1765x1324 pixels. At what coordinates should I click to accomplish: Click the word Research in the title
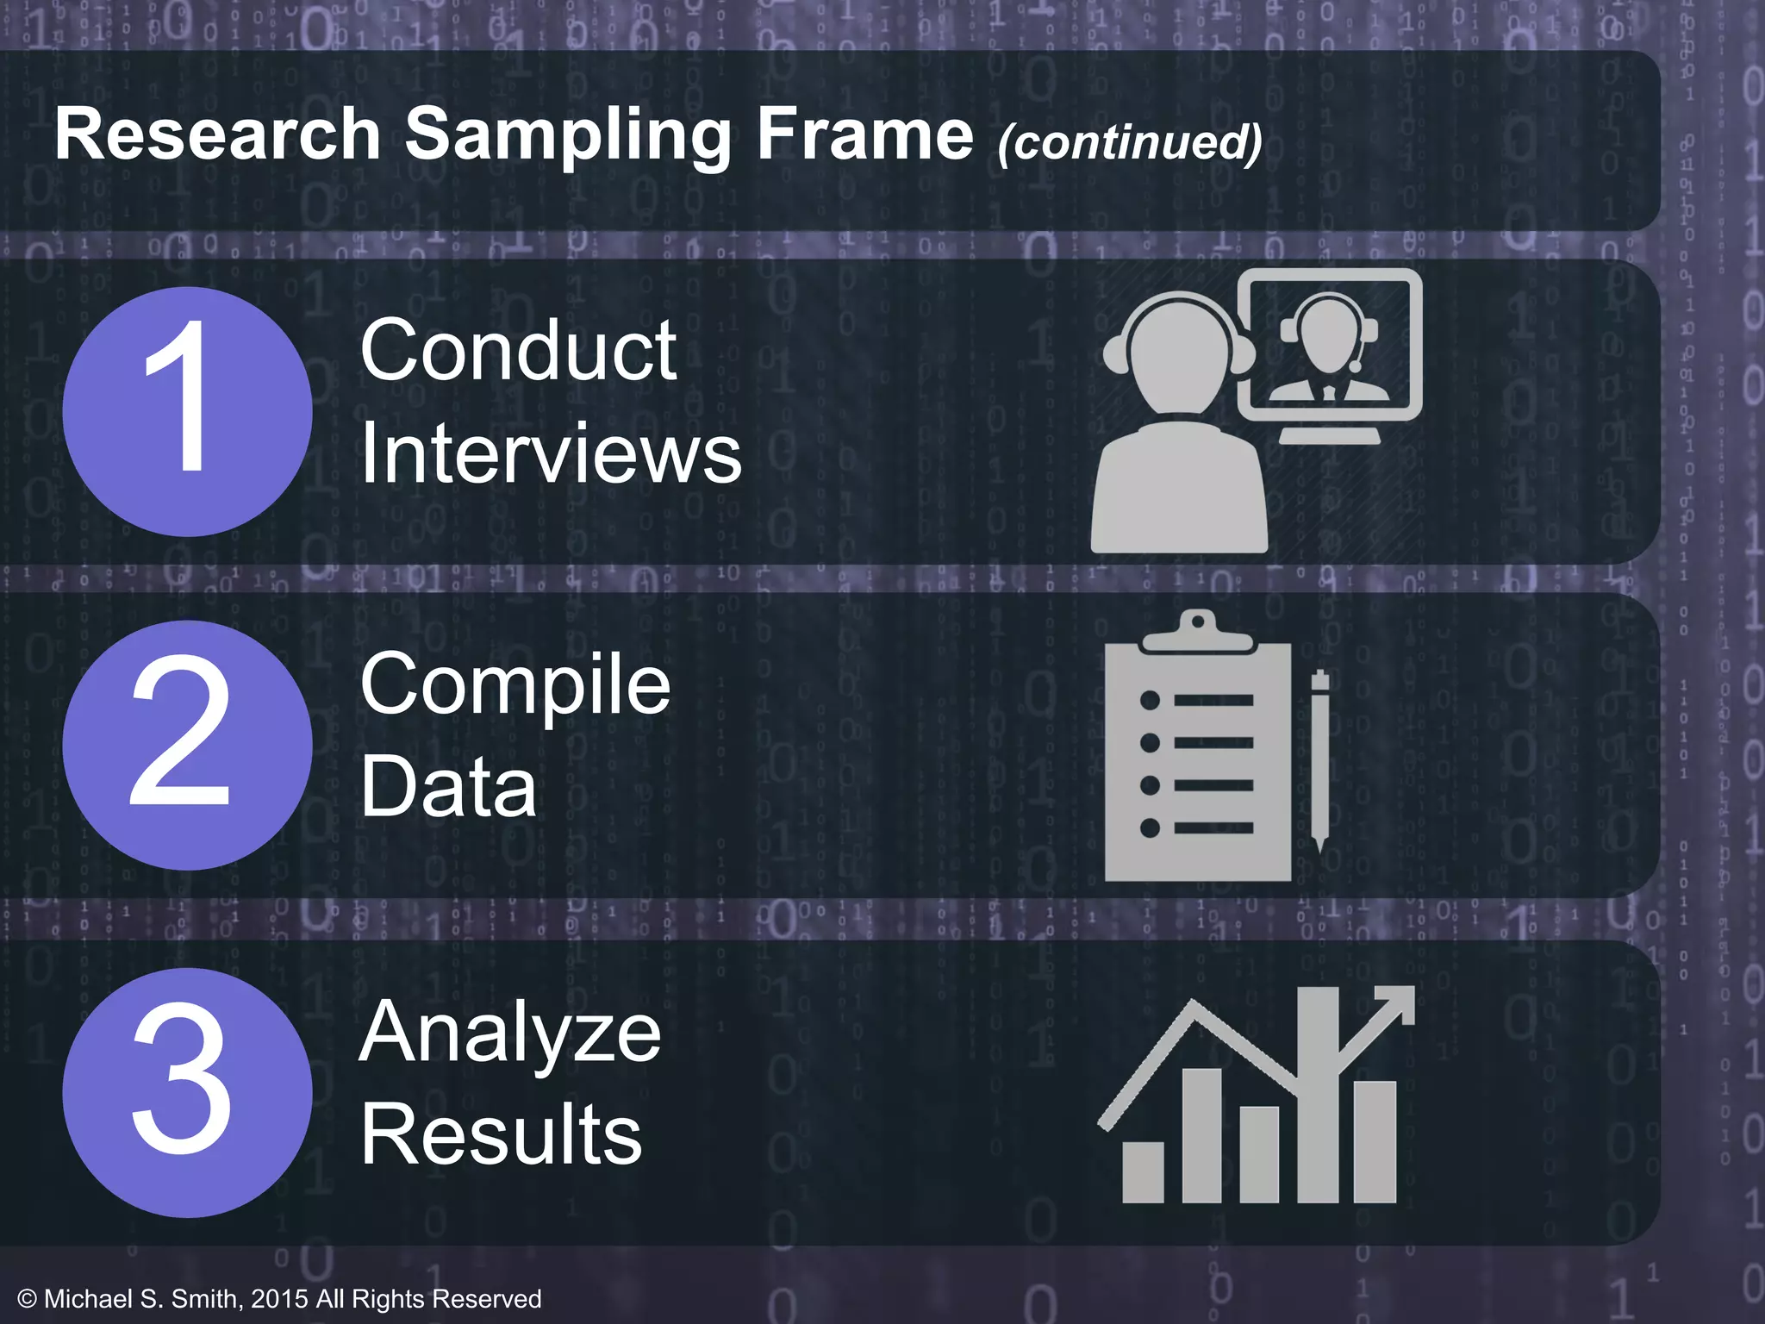click(x=217, y=134)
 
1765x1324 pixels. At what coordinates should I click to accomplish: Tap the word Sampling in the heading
click(x=568, y=136)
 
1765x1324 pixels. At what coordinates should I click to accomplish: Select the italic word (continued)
click(x=1130, y=141)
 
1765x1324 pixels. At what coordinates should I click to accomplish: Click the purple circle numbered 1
click(x=187, y=411)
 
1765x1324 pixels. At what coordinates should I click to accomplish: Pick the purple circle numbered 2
click(x=187, y=745)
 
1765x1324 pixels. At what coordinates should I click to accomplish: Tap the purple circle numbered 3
click(x=187, y=1092)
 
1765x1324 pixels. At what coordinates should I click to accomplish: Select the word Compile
click(x=515, y=685)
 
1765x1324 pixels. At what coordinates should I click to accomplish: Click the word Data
click(x=448, y=785)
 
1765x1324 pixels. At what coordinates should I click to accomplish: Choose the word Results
click(x=501, y=1134)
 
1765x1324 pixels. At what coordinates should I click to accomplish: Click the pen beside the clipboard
click(x=1319, y=759)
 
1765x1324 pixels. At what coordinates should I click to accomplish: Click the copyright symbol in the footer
click(x=27, y=1299)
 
